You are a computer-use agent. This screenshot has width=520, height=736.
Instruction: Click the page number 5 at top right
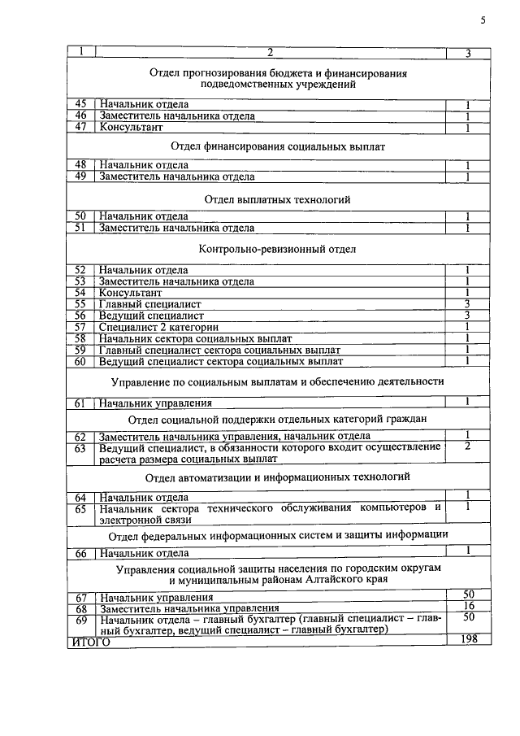point(482,21)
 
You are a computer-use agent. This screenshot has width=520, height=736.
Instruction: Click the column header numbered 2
point(271,54)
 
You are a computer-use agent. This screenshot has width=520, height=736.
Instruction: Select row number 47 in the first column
point(80,128)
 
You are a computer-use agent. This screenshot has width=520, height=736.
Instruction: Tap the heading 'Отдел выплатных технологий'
point(277,198)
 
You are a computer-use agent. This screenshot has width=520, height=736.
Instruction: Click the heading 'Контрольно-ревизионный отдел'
point(277,250)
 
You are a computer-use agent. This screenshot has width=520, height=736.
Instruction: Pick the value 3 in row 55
point(468,303)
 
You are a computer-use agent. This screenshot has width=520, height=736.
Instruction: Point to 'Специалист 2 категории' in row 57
point(151,327)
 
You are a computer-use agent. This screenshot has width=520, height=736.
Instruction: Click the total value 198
point(468,640)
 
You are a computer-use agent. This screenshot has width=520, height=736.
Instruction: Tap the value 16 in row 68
point(468,607)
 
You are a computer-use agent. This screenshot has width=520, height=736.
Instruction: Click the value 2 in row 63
point(468,447)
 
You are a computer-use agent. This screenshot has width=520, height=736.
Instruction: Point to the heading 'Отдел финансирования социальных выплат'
point(277,147)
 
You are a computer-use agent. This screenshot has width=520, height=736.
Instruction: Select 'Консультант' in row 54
point(131,292)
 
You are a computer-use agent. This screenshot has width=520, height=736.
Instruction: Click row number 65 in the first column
point(80,509)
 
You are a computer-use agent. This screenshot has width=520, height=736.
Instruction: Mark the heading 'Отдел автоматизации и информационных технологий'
point(277,477)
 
